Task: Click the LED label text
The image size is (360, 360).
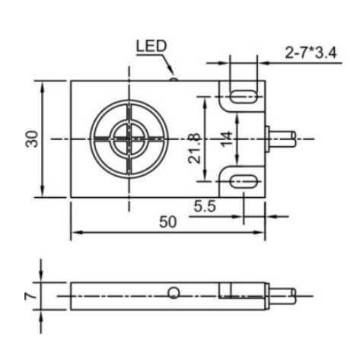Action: pos(151,46)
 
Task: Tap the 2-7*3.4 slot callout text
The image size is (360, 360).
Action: pos(311,53)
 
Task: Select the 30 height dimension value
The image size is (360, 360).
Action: pos(32,139)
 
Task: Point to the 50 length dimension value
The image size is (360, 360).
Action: pos(167,222)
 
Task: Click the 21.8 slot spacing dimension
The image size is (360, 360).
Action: pos(195,148)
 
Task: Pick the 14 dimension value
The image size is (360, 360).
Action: pos(227,139)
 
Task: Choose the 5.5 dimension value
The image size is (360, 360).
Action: pos(205,206)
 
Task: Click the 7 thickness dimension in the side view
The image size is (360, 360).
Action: pos(30,296)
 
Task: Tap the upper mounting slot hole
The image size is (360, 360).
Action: pos(244,97)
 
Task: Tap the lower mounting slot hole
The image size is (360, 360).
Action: pos(244,181)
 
